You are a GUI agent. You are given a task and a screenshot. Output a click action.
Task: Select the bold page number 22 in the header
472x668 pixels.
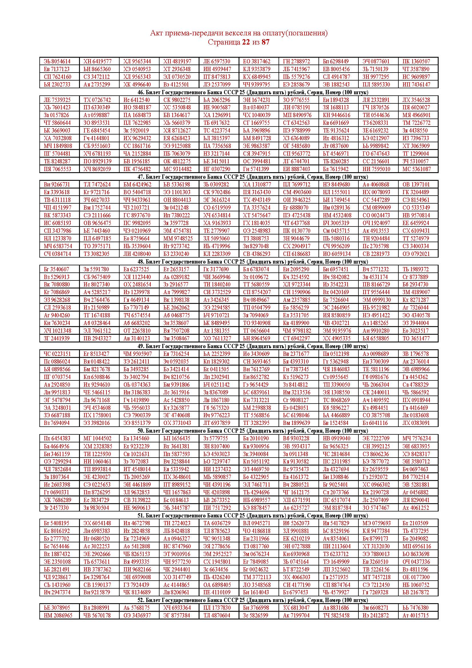(x=246, y=42)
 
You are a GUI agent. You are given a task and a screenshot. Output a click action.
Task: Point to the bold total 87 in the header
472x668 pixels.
(x=266, y=42)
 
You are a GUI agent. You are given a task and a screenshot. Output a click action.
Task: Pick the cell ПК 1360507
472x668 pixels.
(x=416, y=61)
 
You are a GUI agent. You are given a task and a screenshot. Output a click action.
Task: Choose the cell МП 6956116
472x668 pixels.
(x=416, y=546)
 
